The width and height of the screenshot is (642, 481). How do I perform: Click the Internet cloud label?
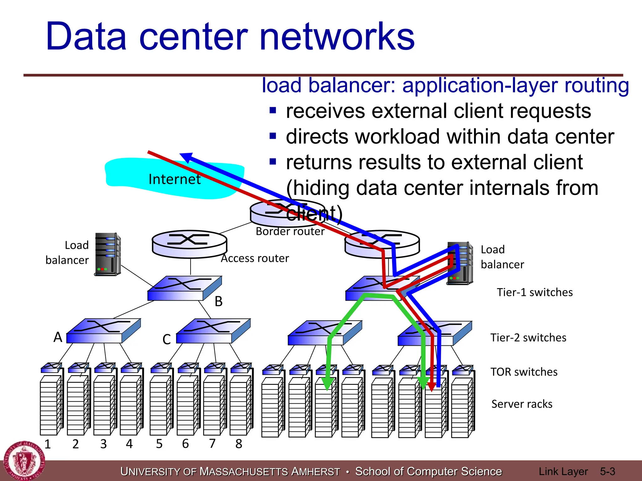pos(174,179)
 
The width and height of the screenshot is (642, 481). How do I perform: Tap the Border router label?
pos(290,231)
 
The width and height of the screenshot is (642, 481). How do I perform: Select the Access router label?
pos(255,258)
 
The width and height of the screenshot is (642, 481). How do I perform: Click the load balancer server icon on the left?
pos(108,254)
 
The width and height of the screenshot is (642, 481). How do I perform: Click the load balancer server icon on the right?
pos(460,263)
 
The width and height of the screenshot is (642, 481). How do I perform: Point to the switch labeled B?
pos(185,288)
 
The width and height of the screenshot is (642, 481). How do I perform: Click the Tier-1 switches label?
pos(535,292)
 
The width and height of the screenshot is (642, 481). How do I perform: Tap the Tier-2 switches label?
pos(528,338)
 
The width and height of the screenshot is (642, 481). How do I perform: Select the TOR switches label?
pos(524,372)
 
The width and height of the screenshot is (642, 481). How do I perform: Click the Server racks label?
pos(522,404)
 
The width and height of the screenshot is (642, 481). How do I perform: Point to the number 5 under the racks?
pos(159,444)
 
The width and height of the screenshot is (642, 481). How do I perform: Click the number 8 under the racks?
pos(239,444)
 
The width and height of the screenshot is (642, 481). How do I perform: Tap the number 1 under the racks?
pos(48,444)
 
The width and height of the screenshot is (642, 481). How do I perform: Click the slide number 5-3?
pos(608,471)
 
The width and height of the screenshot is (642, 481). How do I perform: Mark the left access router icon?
pos(189,244)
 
